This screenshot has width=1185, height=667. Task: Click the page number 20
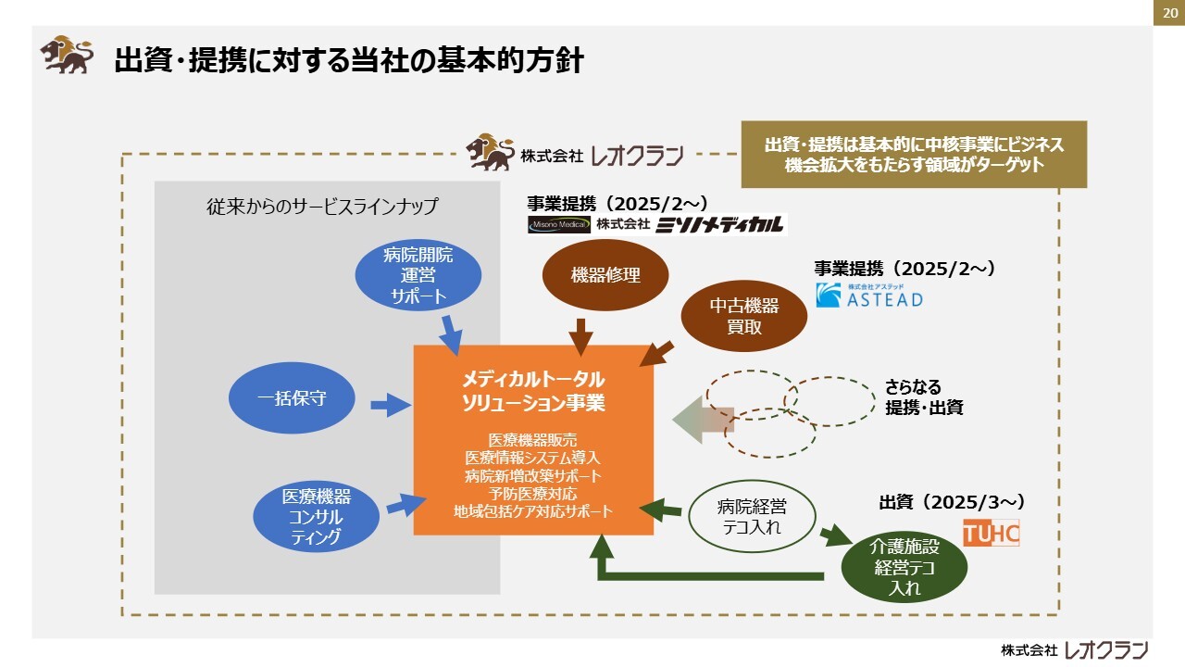click(x=1169, y=13)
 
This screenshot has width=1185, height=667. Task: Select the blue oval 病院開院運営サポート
click(x=418, y=276)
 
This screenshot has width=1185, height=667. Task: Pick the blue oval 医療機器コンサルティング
click(x=317, y=517)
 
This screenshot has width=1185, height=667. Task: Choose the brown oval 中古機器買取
click(x=743, y=317)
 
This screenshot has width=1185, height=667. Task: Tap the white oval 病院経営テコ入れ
click(x=751, y=517)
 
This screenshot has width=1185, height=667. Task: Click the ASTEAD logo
click(x=869, y=296)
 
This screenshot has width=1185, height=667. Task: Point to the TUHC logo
click(x=991, y=533)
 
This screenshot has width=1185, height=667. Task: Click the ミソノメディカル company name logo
click(x=719, y=224)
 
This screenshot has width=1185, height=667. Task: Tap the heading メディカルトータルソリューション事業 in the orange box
click(x=533, y=392)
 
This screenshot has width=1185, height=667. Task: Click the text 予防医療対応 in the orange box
click(x=533, y=493)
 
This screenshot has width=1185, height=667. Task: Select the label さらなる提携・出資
click(x=924, y=396)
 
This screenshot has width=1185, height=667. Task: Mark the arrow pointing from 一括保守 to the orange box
click(x=390, y=404)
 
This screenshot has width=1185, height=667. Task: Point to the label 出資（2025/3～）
click(x=951, y=502)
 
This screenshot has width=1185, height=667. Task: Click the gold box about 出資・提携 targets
click(x=914, y=155)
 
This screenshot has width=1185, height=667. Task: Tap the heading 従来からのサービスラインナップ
click(x=322, y=207)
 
